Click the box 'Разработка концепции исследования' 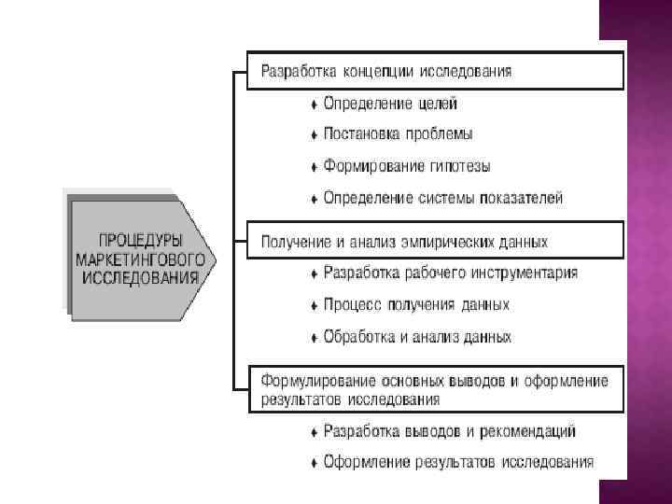(434, 71)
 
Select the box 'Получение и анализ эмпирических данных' (434, 240)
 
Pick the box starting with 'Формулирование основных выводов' (434, 390)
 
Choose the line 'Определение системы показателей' (442, 198)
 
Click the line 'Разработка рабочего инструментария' (450, 273)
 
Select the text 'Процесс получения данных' (416, 305)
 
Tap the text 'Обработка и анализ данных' (416, 337)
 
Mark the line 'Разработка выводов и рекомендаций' (449, 431)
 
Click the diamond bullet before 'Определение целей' (314, 105)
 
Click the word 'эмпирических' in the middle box (450, 242)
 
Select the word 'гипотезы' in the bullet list (460, 167)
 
